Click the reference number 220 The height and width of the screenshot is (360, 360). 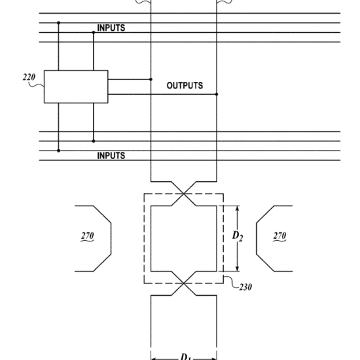[29, 77]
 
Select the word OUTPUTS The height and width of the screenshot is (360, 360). [185, 85]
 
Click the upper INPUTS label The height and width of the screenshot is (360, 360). [111, 27]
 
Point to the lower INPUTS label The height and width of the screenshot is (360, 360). [111, 156]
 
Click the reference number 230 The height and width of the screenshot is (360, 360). [245, 287]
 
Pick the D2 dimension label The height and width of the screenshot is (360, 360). [238, 236]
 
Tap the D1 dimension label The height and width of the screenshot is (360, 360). [185, 357]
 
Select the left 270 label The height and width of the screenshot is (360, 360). [88, 236]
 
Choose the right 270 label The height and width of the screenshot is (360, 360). [279, 236]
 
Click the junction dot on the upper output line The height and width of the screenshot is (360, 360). [151, 79]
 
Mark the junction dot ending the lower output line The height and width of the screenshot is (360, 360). [217, 94]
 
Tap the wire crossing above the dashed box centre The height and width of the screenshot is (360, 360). [184, 194]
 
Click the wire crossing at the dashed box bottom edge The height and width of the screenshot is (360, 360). [184, 283]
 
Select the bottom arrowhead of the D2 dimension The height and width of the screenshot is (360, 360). [238, 269]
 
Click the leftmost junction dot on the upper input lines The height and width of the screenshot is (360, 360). [58, 23]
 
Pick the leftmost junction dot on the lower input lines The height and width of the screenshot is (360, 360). [58, 151]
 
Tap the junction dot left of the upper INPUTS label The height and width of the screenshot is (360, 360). [94, 32]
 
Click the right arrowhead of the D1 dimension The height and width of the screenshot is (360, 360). [214, 359]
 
